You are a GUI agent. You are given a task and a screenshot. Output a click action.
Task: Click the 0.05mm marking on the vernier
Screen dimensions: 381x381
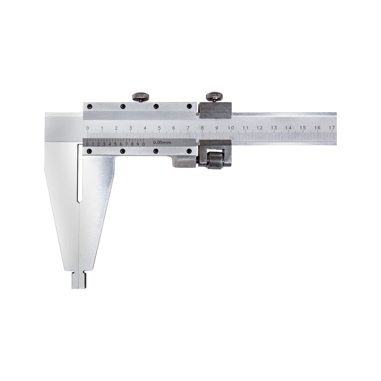pyautogui.click(x=162, y=142)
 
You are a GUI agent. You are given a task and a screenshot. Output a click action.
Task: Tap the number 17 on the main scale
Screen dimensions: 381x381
pyautogui.click(x=331, y=128)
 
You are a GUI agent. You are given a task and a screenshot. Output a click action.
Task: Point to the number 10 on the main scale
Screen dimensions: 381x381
pyautogui.click(x=231, y=128)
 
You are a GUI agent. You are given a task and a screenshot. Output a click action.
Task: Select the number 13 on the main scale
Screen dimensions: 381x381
pyautogui.click(x=274, y=128)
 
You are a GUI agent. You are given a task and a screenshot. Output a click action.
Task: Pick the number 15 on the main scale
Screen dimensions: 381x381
pyautogui.click(x=303, y=128)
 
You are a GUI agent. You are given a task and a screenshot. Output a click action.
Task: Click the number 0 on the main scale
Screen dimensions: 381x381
pyautogui.click(x=88, y=128)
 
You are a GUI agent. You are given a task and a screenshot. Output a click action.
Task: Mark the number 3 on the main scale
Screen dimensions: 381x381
pyautogui.click(x=130, y=128)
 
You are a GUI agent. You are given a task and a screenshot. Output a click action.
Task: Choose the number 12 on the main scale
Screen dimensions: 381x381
pyautogui.click(x=259, y=128)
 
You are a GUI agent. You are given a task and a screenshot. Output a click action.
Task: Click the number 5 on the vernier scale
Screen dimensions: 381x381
pyautogui.click(x=115, y=144)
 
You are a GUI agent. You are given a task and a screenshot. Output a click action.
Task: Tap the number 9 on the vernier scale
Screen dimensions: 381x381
pyautogui.click(x=138, y=144)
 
